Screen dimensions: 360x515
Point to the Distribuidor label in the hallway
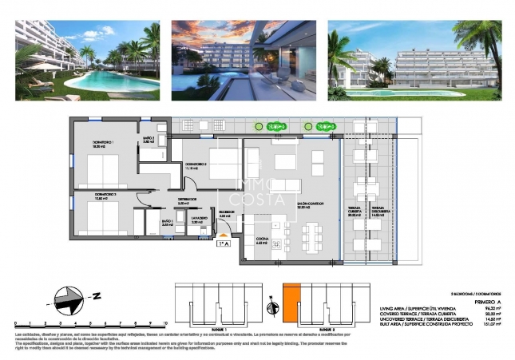pyautogui.click(x=183, y=201)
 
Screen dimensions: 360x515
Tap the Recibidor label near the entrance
pyautogui.click(x=224, y=213)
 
